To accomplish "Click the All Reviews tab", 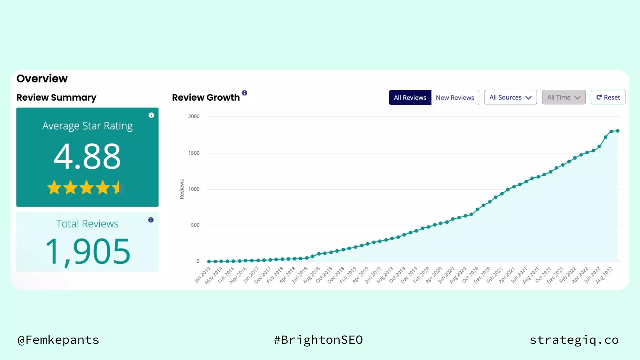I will [410, 97].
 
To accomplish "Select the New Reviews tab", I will [455, 97].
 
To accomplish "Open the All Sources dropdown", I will [510, 97].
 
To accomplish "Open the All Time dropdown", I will [563, 97].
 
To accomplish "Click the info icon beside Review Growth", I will [244, 93].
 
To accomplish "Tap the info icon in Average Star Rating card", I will [151, 115].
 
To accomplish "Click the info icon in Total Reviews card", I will [151, 220].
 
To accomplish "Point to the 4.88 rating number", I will [87, 156].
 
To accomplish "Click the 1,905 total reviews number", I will [87, 252].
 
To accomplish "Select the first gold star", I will [54, 187].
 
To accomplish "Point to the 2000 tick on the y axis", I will [194, 117].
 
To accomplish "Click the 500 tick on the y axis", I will [195, 225].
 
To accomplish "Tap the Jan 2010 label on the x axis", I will [202, 275].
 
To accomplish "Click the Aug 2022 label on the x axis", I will [604, 275].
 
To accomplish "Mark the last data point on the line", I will [617, 131].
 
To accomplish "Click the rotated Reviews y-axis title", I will [182, 189].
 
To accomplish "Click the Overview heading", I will [42, 78].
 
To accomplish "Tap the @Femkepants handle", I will [58, 340].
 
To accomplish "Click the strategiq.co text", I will [574, 340].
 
